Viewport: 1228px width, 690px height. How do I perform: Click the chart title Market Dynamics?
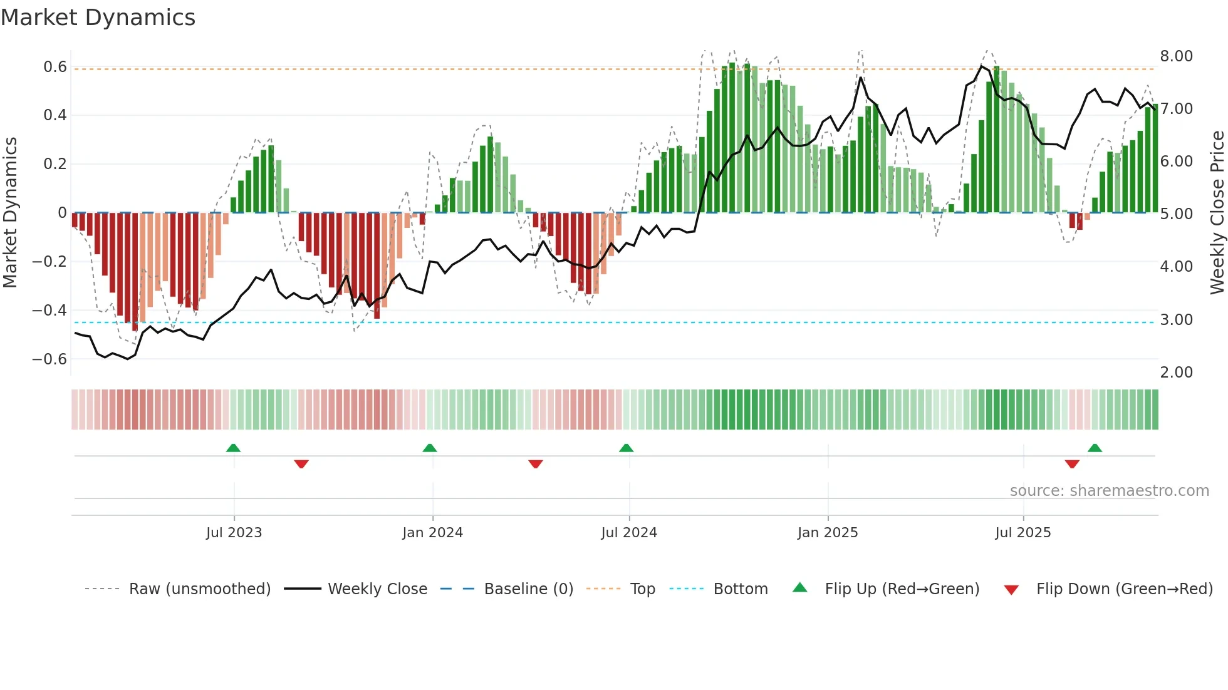click(98, 18)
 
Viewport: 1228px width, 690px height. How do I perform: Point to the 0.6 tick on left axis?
click(55, 67)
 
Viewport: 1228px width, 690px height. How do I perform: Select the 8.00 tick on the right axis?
click(1176, 56)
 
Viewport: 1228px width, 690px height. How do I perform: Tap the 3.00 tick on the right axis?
click(1176, 320)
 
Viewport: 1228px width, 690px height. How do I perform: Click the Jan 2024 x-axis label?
click(432, 533)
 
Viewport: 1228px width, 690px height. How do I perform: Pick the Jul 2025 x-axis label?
click(1022, 533)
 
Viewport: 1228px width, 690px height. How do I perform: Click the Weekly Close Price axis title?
click(1217, 212)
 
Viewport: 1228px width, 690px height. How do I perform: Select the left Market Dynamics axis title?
click(10, 212)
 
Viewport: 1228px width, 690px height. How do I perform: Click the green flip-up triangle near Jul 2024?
click(626, 448)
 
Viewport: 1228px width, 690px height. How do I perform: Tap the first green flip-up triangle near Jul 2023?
click(233, 448)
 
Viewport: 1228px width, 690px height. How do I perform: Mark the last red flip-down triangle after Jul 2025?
click(1072, 464)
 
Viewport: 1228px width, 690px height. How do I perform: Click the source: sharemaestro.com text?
click(1109, 491)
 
